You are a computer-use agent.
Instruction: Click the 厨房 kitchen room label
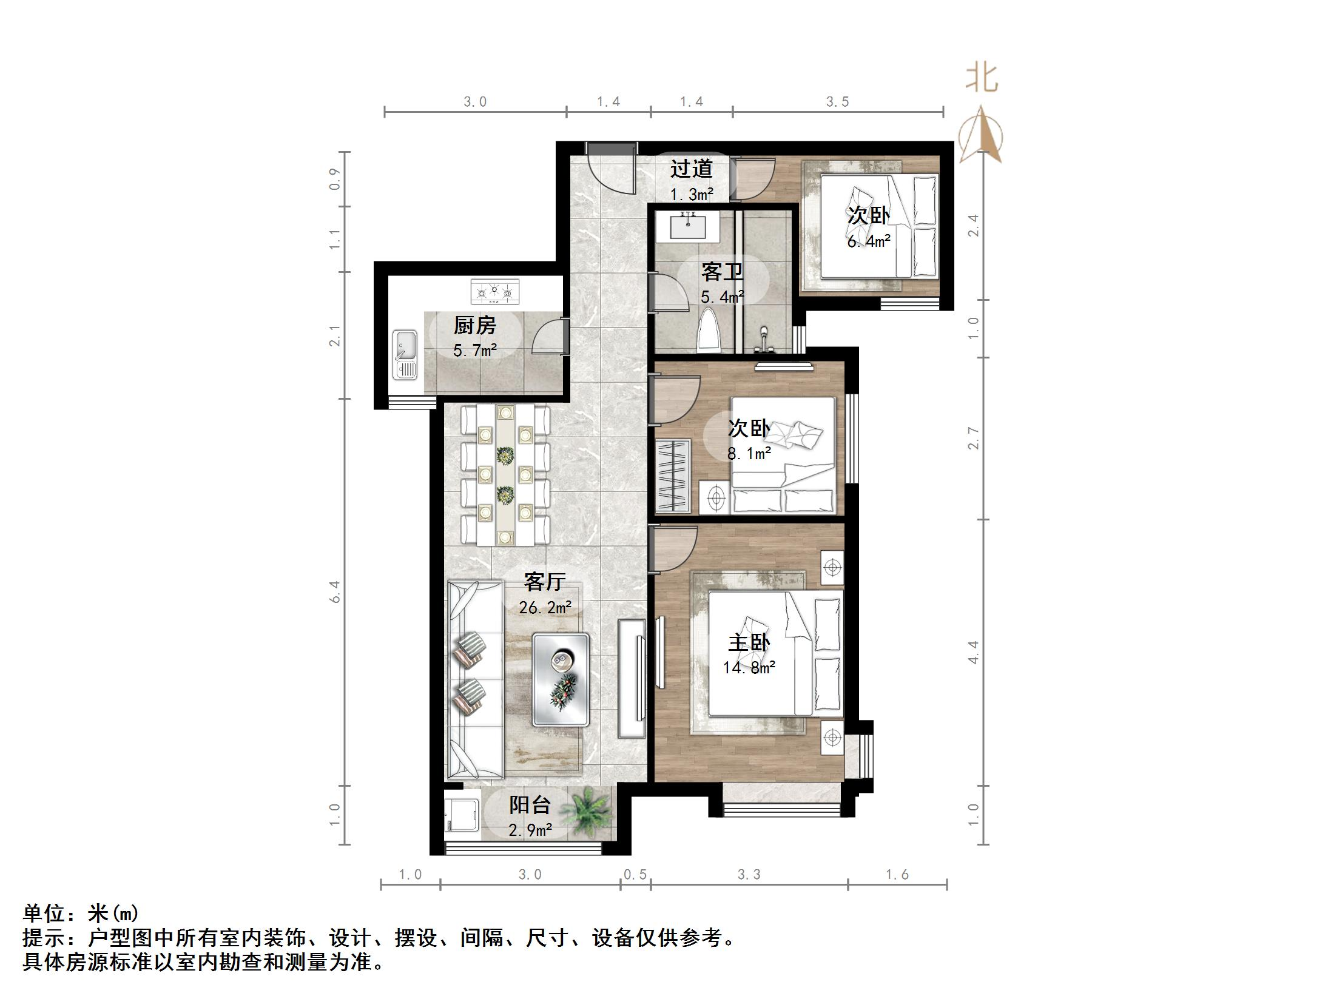point(474,326)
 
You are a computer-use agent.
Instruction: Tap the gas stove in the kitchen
point(495,292)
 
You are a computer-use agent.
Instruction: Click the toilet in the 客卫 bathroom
point(709,331)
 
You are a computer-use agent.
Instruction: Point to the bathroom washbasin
point(688,226)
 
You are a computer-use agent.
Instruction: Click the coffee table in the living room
point(561,679)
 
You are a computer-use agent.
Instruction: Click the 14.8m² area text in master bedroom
point(749,668)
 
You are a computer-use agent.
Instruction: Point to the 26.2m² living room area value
point(545,607)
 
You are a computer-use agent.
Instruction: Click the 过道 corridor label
point(691,169)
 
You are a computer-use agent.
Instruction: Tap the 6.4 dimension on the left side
point(335,591)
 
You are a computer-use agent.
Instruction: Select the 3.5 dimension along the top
point(837,102)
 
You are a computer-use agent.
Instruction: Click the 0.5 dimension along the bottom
point(635,875)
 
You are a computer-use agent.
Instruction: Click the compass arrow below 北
point(981,136)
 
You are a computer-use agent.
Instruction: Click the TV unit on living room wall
point(632,678)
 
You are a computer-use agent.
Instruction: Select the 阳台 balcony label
point(530,805)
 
